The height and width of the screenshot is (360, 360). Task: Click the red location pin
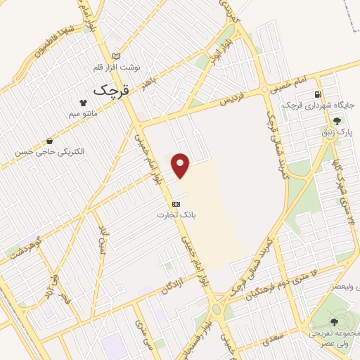click(181, 166)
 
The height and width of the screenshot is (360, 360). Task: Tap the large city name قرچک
click(110, 89)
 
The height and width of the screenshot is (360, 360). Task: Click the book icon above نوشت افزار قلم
click(117, 56)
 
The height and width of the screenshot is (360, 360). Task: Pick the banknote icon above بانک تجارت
click(175, 203)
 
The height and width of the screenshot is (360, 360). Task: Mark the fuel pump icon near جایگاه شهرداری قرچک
click(320, 95)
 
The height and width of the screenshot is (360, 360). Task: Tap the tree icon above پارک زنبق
click(345, 121)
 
